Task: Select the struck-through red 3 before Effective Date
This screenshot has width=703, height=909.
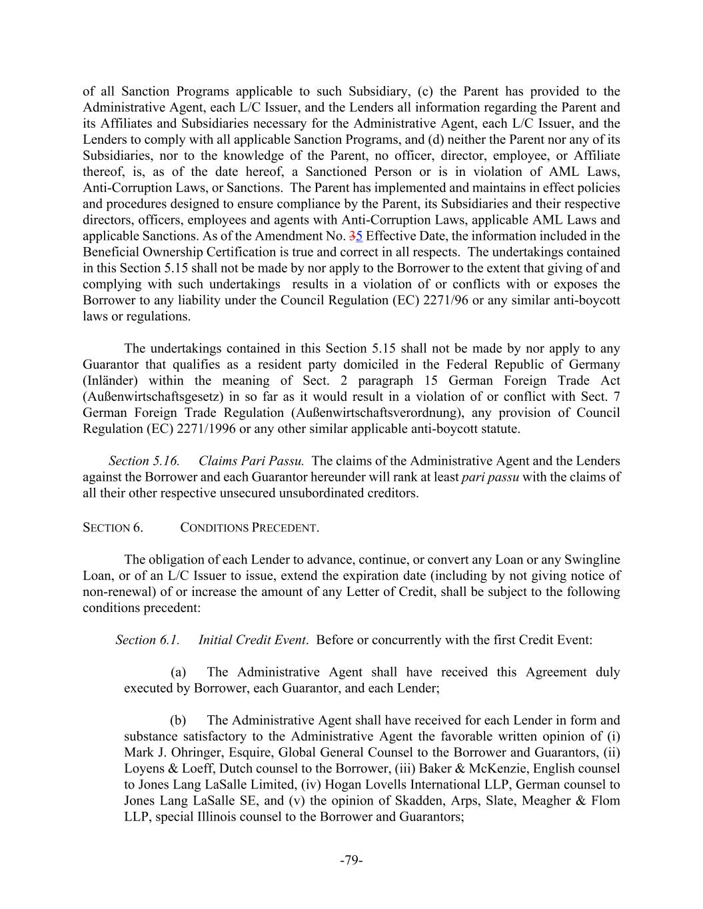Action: coord(353,236)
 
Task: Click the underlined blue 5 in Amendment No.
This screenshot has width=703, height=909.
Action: coord(359,236)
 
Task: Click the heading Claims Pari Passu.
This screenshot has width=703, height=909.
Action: coord(251,461)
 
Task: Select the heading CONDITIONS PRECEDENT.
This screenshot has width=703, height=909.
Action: coord(249,528)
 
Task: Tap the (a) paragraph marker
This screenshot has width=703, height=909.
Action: coord(178,672)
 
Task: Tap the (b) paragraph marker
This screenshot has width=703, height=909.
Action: coord(178,720)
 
